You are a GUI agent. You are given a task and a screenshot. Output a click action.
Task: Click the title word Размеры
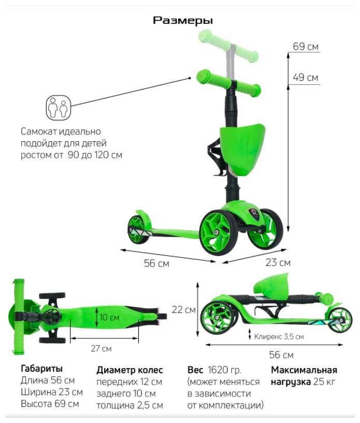pos(183,21)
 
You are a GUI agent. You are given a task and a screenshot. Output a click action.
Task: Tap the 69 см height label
pos(306,47)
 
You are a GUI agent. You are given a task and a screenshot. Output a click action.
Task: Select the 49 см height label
pos(306,78)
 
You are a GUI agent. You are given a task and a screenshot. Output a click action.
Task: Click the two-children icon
pos(57,107)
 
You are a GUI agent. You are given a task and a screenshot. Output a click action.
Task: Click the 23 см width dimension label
pos(278,262)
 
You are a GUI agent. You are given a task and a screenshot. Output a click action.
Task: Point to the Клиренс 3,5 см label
pos(279,336)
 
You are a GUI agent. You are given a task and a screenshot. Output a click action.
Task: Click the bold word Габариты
pos(41,369)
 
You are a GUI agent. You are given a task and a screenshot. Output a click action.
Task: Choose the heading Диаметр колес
pos(129,370)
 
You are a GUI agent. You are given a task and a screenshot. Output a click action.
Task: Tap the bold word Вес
pos(195,370)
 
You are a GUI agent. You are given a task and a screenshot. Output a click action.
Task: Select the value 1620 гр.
pos(224,370)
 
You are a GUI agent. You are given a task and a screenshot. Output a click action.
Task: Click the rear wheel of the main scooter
pos(138,228)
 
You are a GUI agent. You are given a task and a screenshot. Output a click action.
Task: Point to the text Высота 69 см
pos(50,403)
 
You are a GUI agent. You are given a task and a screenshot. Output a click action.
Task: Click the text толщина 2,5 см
pos(129,405)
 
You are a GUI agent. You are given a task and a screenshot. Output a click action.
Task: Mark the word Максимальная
pos(304,370)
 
